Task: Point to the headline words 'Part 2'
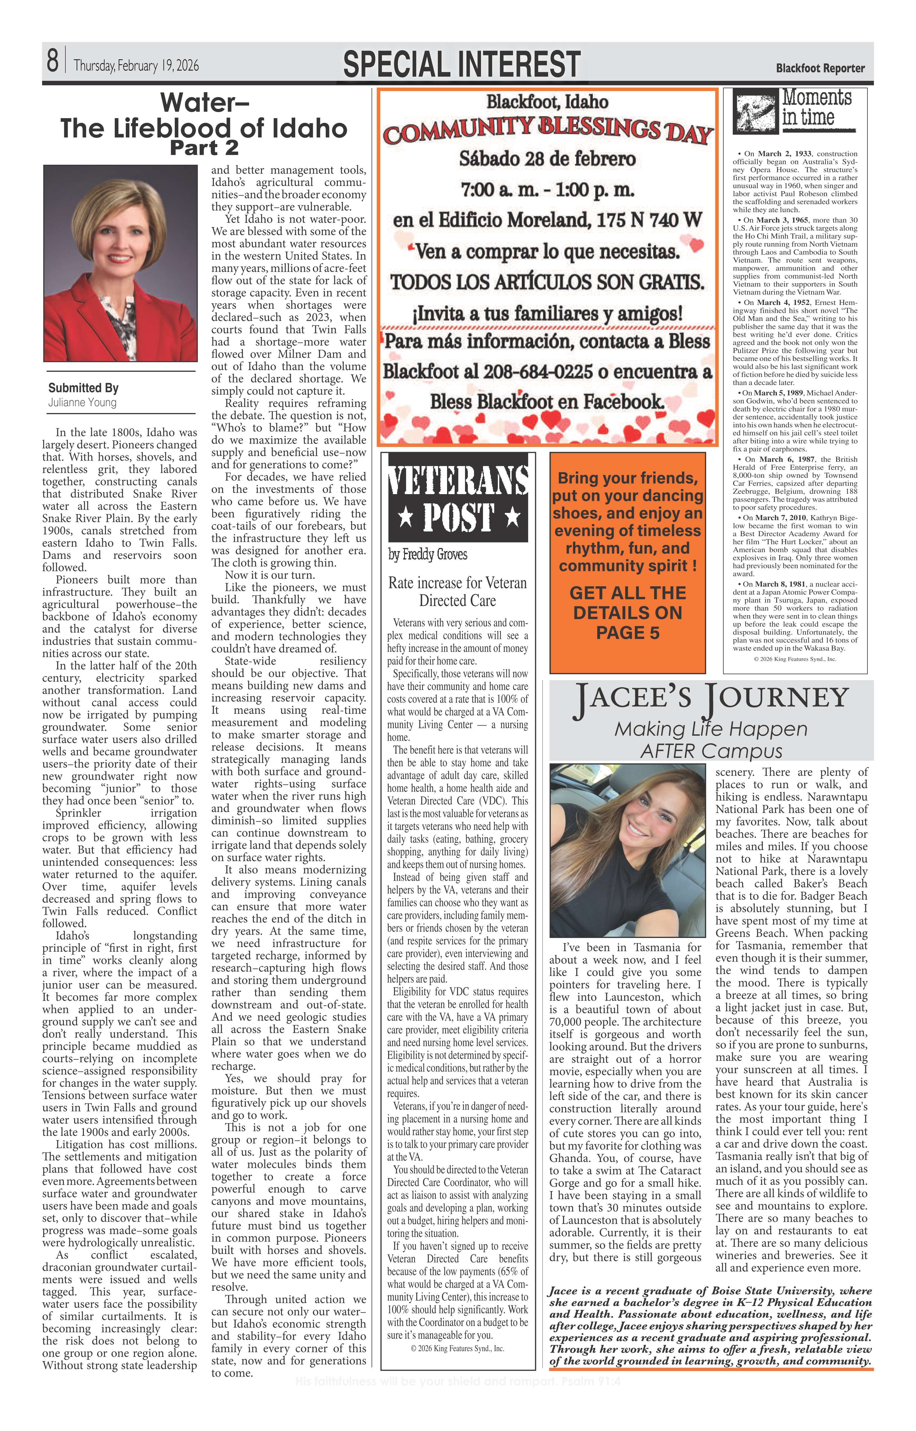click(204, 147)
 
